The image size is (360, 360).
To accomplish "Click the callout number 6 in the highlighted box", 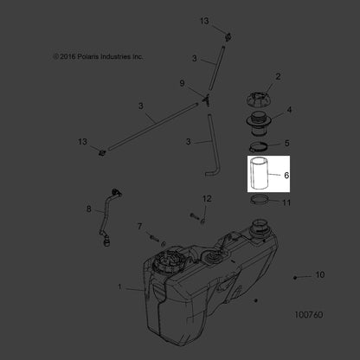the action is [x=286, y=175].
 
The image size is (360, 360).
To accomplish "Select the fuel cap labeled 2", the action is [x=260, y=99].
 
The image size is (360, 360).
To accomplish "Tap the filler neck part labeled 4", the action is [x=258, y=124].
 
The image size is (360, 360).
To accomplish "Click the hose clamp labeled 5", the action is [x=259, y=147].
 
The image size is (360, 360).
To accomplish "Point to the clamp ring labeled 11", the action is [x=260, y=200].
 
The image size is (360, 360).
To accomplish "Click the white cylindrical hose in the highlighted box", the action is [x=260, y=172].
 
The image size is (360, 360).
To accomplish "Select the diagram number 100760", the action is [x=309, y=314].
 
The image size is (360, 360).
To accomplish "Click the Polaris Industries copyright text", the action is [x=98, y=56].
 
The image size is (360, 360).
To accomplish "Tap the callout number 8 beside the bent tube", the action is [x=89, y=209].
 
